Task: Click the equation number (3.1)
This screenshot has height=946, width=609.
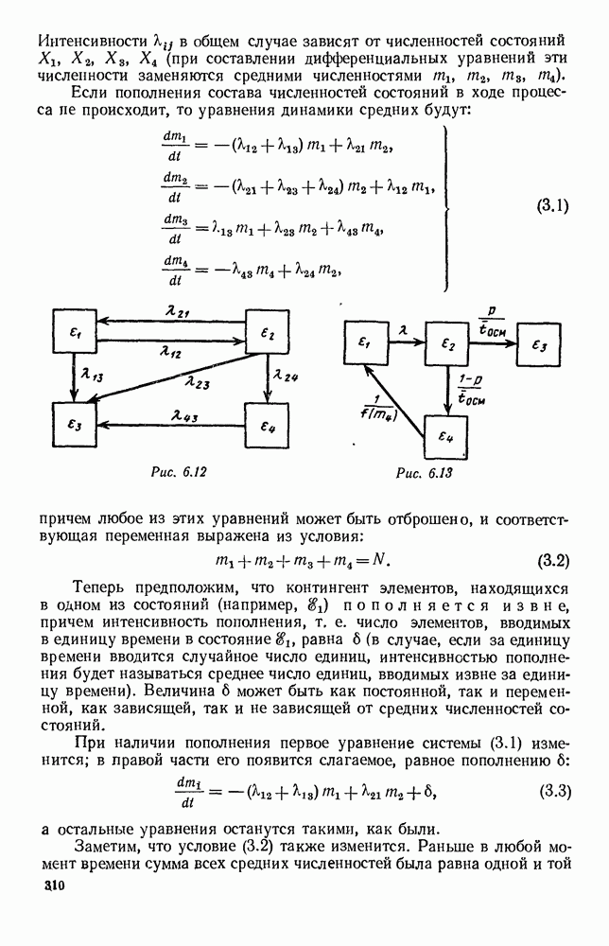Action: coord(548,205)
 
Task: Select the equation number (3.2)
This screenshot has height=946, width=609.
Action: coord(548,561)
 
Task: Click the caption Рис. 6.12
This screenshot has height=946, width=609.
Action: coord(173,470)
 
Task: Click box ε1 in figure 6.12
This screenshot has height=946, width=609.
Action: coord(77,336)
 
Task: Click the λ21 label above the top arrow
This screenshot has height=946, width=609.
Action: coord(175,312)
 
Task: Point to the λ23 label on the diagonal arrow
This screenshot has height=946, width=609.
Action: coord(197,382)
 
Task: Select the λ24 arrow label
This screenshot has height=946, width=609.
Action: coord(285,377)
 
